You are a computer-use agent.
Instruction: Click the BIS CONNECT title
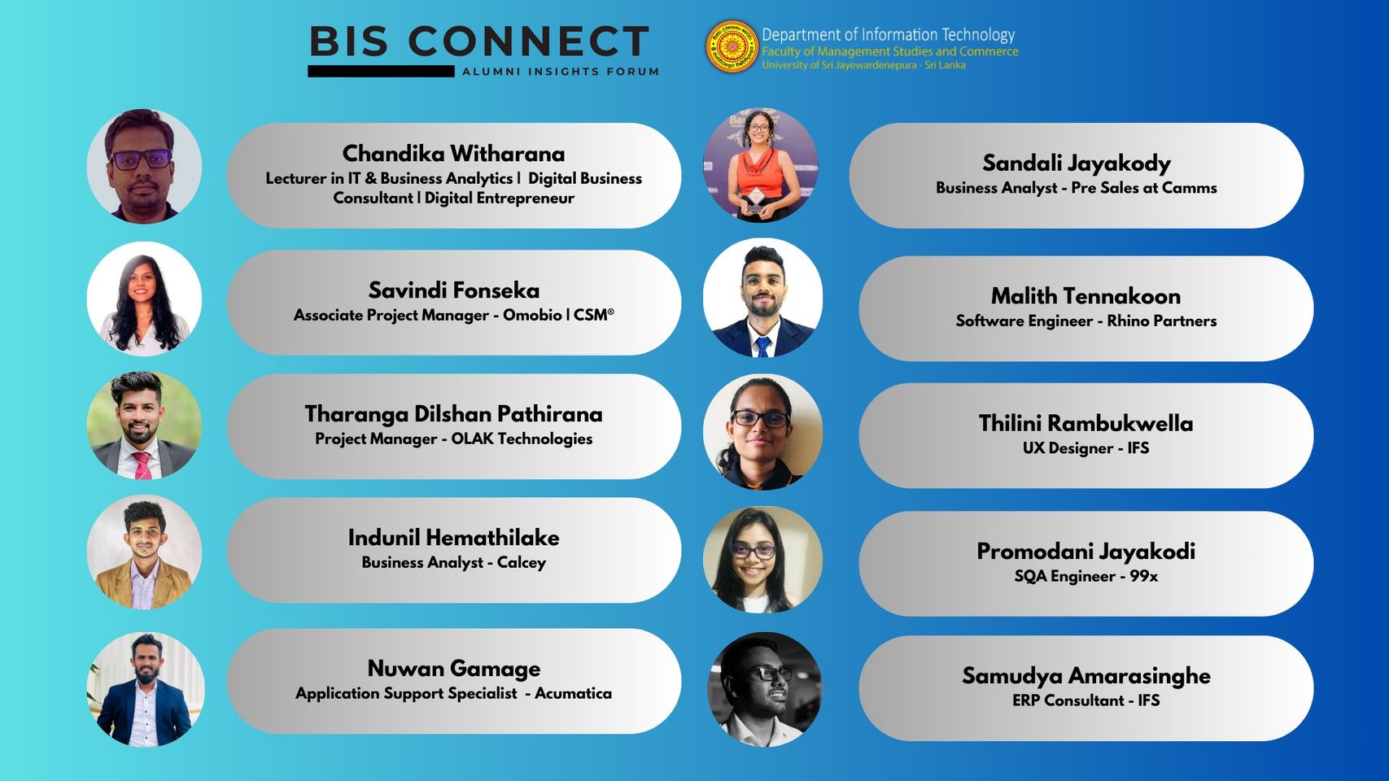479,41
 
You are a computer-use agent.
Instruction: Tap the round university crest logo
732,46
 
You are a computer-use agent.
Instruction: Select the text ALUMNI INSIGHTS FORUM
561,72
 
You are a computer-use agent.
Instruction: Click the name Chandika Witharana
453,153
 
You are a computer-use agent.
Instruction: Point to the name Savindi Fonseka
454,290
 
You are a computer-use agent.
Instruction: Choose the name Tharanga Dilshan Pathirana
453,414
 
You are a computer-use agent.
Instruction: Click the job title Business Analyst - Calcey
454,562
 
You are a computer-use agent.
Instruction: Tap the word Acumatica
573,693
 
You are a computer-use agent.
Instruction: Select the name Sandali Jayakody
1077,163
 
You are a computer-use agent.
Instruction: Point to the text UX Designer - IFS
1085,447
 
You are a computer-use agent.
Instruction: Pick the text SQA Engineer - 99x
1085,576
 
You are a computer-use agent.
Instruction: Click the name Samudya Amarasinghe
1085,675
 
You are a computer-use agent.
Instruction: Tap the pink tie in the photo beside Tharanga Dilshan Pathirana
142,465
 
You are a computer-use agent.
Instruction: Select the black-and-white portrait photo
765,689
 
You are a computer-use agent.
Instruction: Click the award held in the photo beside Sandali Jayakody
755,202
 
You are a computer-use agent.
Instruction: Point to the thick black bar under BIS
381,72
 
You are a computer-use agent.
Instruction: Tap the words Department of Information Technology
888,35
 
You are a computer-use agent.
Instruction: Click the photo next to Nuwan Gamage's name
145,689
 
